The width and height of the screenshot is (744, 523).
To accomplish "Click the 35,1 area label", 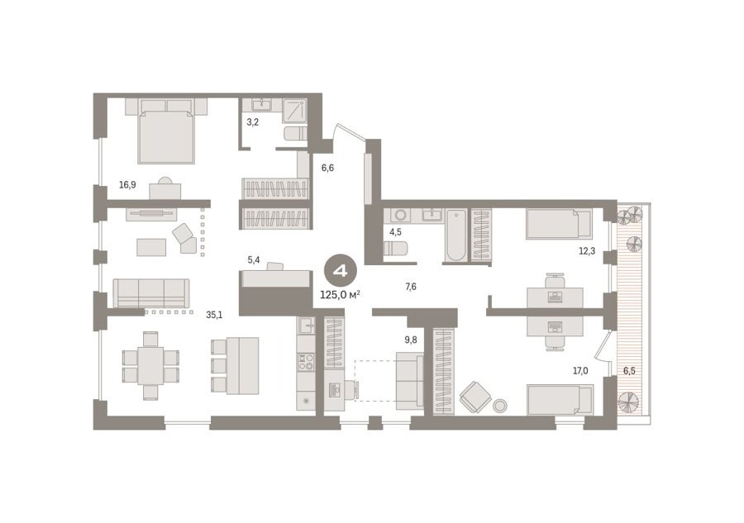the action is [214, 315].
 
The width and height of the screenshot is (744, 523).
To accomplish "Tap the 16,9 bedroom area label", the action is [127, 185].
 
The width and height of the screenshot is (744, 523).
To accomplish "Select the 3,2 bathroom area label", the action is [252, 122].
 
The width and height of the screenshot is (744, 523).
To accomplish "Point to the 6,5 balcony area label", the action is [629, 371].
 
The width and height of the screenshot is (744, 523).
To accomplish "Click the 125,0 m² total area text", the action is [340, 295].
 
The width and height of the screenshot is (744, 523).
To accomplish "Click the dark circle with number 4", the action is [340, 271].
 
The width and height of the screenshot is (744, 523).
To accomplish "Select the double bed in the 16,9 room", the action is [166, 131].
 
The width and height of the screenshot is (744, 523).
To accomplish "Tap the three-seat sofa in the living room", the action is [151, 293].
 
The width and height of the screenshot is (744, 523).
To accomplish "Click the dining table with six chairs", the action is [151, 366].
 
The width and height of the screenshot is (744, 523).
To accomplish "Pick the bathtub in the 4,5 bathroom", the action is [456, 235].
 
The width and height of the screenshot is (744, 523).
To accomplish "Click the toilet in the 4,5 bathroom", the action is [395, 248].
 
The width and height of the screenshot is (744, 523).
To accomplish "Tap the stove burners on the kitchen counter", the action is [306, 362].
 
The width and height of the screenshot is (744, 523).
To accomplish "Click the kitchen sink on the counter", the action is [306, 326].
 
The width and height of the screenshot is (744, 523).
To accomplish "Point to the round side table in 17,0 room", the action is [500, 406].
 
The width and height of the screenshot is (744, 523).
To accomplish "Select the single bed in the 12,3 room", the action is [559, 224].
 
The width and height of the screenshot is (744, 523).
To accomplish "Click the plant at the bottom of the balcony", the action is [629, 402].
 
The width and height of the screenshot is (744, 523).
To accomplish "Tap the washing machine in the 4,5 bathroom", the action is [400, 216].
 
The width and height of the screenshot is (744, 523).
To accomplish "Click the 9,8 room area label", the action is [411, 340].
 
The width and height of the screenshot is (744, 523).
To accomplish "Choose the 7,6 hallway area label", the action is [411, 287].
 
